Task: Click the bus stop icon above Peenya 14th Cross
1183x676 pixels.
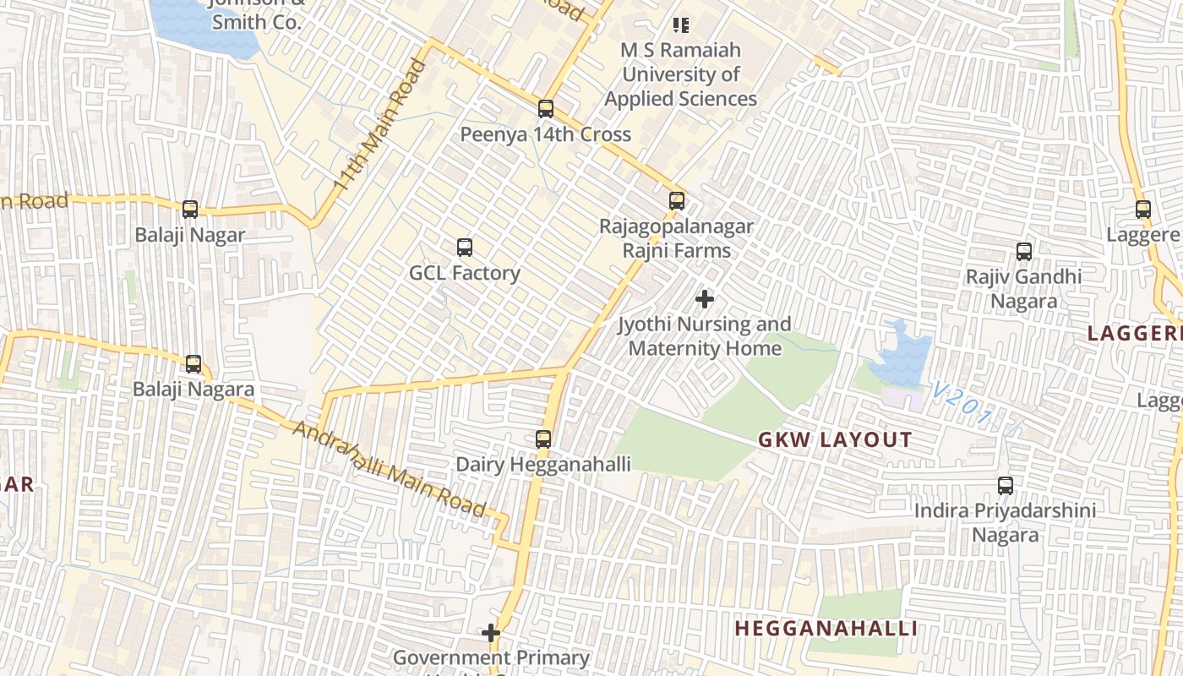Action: (546, 109)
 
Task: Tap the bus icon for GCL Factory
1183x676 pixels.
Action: (465, 248)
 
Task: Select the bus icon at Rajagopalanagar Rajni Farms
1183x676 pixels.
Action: (677, 201)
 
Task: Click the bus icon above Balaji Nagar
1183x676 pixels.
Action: (190, 209)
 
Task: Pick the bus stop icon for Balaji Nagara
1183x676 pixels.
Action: (194, 364)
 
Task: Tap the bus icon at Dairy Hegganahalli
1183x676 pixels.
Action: (543, 439)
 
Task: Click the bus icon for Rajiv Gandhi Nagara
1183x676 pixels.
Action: (1024, 251)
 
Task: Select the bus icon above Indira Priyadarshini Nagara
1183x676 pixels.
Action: (1006, 486)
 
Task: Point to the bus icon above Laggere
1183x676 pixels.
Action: (1143, 209)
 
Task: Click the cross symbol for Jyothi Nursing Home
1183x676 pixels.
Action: (704, 299)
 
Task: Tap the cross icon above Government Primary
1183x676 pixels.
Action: (491, 633)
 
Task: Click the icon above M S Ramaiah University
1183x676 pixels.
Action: (681, 25)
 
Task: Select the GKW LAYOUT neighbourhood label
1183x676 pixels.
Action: (835, 439)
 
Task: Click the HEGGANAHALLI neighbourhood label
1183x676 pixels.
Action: (826, 629)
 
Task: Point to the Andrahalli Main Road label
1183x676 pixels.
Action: (390, 468)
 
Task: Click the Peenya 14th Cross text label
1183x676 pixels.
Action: (545, 134)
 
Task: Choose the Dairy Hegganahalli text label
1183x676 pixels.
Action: (543, 464)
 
